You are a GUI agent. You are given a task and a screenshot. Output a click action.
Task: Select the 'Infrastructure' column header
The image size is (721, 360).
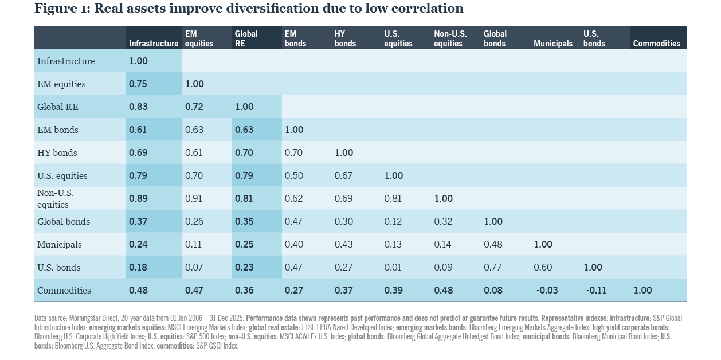(153, 43)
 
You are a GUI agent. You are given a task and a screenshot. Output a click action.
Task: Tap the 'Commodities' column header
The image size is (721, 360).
(656, 43)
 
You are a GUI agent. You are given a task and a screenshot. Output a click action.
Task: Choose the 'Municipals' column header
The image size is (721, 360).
(552, 43)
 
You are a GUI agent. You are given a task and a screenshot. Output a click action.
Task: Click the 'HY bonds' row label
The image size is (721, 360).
(57, 152)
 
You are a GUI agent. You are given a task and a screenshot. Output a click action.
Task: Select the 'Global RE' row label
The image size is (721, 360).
(57, 107)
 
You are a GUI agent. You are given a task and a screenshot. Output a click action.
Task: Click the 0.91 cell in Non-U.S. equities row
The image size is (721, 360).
(194, 198)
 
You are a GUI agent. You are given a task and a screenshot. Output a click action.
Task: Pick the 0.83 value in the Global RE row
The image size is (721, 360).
(139, 107)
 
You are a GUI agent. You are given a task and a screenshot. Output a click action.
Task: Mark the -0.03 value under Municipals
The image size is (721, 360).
(547, 290)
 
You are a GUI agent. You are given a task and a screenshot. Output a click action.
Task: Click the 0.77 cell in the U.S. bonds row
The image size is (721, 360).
(493, 267)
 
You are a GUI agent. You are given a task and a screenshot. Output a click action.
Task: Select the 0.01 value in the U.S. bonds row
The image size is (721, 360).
(393, 267)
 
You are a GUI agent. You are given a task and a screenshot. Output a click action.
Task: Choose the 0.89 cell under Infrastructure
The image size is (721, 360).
(139, 198)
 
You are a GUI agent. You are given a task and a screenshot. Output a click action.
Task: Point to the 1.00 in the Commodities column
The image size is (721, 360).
(642, 290)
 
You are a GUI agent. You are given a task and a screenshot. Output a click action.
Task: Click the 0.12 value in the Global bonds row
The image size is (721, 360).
(393, 221)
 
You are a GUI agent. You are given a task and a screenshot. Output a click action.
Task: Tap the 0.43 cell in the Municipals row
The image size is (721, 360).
(343, 244)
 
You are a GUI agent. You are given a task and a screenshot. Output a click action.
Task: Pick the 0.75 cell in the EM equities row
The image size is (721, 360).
(139, 84)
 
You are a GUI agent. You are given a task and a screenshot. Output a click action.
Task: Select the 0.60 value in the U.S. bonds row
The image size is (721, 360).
(543, 267)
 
